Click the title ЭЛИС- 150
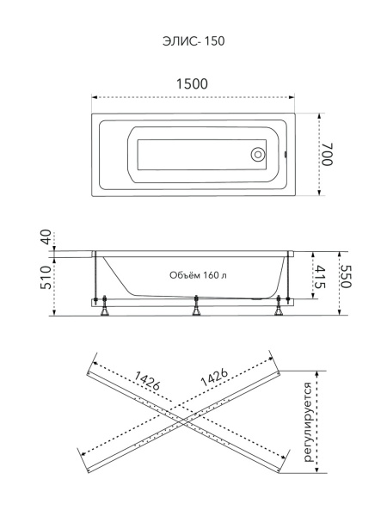(x=193, y=41)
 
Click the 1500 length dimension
(x=192, y=84)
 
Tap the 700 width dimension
(x=328, y=154)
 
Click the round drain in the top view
(x=257, y=154)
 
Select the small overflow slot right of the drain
(x=286, y=154)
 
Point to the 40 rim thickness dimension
(x=46, y=237)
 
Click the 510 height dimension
(x=46, y=278)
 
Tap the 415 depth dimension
(x=320, y=277)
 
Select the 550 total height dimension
(x=346, y=277)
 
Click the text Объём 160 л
(x=198, y=275)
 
